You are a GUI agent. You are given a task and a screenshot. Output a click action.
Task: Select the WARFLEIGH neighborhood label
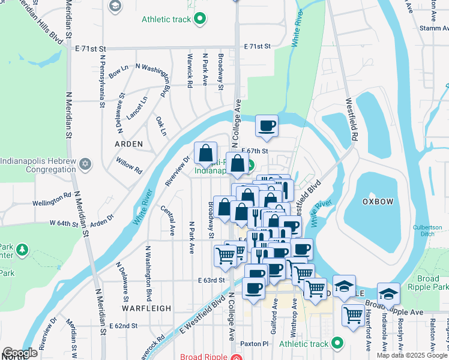[147, 308]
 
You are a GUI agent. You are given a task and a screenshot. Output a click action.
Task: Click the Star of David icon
[85, 164]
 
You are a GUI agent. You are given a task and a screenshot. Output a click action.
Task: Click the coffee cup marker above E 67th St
[267, 126]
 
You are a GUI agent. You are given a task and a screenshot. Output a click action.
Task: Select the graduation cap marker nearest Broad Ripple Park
[389, 293]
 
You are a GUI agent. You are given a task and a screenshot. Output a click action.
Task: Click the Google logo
[20, 353]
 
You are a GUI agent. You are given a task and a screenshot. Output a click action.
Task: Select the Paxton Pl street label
[253, 344]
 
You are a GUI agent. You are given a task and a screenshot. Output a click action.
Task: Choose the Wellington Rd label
[52, 200]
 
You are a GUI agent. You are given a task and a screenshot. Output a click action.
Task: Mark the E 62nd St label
[124, 325]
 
